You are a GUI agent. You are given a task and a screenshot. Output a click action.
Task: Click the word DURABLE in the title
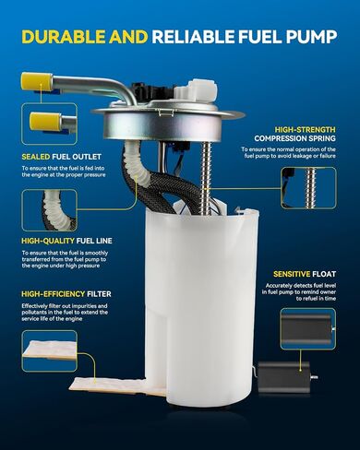63,37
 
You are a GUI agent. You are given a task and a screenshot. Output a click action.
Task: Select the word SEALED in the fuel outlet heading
36,157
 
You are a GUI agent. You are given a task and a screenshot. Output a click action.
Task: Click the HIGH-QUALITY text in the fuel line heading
48,241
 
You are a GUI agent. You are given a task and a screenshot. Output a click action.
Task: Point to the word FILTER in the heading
99,294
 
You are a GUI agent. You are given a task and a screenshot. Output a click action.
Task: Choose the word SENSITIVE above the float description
292,274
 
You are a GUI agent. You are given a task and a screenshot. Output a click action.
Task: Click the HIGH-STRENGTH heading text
306,129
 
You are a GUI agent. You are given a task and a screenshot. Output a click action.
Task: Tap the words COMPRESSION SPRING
294,138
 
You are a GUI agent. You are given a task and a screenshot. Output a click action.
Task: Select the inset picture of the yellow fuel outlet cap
49,124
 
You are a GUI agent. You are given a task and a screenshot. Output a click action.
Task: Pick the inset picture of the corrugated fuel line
49,210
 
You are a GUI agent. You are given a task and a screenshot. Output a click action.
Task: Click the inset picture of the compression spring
308,188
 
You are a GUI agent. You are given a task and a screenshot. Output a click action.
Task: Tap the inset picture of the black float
308,329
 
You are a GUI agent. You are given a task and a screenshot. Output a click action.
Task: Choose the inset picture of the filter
49,350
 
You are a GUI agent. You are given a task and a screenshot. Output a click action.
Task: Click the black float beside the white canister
283,377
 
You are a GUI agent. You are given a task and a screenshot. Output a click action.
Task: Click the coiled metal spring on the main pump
206,179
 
